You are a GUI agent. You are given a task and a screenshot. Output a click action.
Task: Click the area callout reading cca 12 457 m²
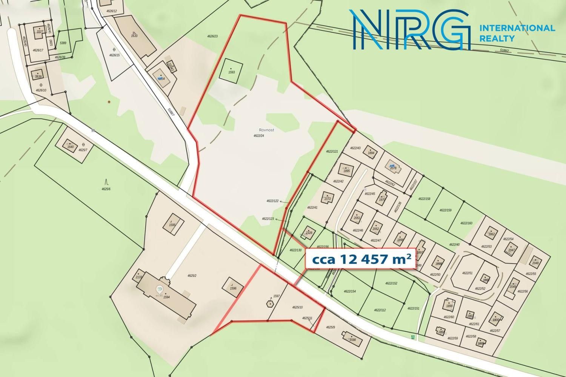pyautogui.click(x=360, y=259)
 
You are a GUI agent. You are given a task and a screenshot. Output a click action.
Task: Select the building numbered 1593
pyautogui.click(x=231, y=72)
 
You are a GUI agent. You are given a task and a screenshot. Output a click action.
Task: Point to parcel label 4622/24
pyautogui.click(x=259, y=136)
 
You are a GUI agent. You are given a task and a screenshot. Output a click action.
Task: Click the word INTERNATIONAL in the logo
pyautogui.click(x=517, y=28)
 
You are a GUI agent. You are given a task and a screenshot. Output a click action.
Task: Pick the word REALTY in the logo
pyautogui.click(x=497, y=38)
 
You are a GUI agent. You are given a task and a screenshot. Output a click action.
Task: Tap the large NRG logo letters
pyautogui.click(x=411, y=30)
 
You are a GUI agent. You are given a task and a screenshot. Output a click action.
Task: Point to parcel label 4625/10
pyautogui.click(x=297, y=307)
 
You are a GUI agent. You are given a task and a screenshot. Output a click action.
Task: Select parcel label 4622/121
pyautogui.click(x=332, y=152)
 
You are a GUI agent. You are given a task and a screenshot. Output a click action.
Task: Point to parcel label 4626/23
pyautogui.click(x=212, y=36)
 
